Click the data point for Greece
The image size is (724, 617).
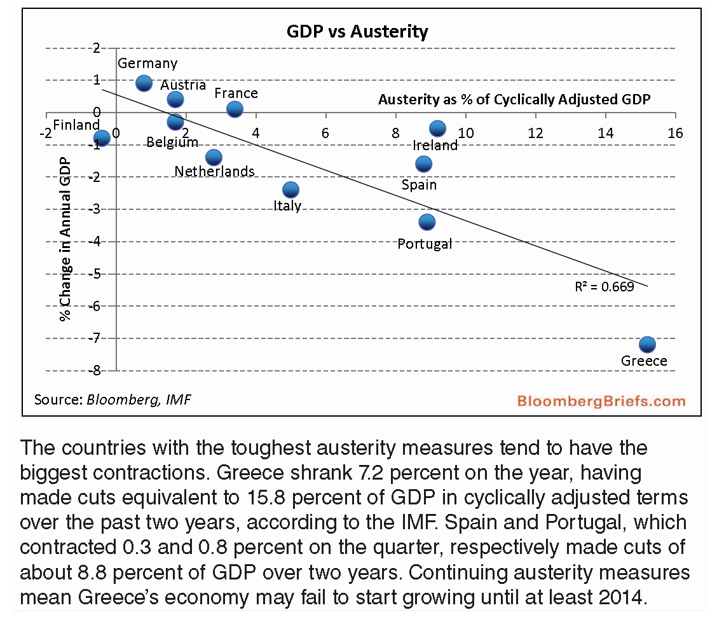[647, 344]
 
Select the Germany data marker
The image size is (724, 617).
[144, 83]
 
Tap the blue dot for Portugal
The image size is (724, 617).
[427, 222]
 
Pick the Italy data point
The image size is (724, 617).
[290, 190]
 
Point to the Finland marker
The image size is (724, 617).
[101, 138]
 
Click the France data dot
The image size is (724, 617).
[235, 109]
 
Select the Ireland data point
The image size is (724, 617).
[437, 128]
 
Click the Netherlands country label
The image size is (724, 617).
[214, 171]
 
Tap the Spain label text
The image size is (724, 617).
[419, 184]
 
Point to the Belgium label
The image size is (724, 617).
[172, 142]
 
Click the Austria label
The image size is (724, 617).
[183, 85]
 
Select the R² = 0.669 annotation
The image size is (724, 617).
[604, 287]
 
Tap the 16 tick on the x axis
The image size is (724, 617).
[675, 133]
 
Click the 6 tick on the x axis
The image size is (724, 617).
[325, 133]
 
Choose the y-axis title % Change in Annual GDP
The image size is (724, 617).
[65, 239]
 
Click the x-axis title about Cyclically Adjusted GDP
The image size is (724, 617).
[515, 99]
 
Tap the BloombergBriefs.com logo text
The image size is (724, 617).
[601, 401]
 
